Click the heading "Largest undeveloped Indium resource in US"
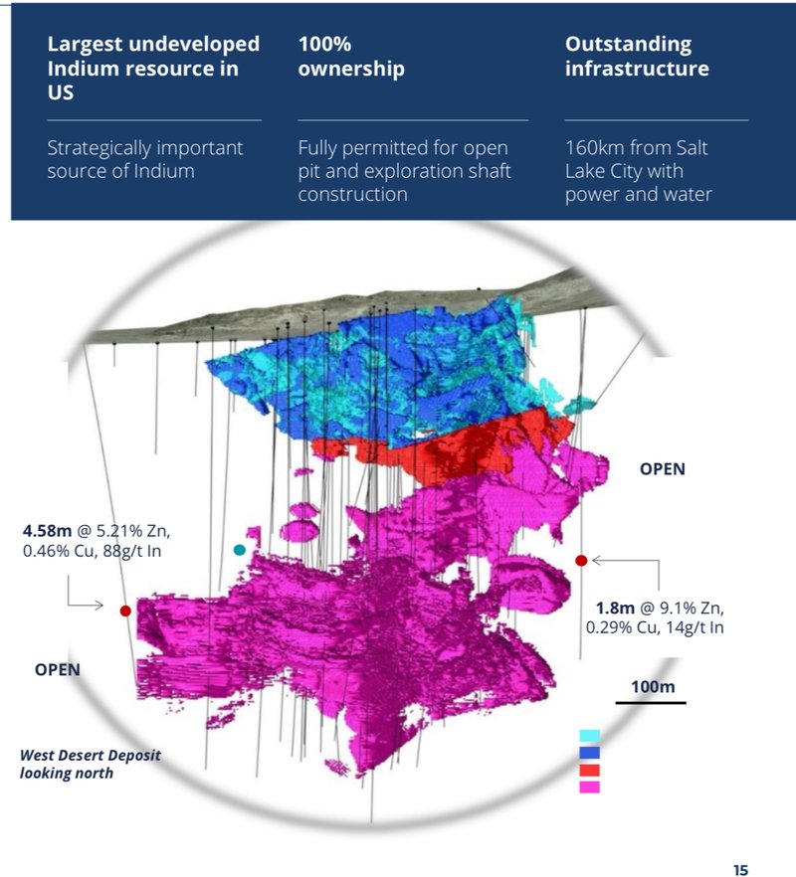coord(153,69)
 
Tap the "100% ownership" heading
coord(351,57)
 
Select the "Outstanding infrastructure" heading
coord(637,57)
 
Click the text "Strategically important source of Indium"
coord(145,159)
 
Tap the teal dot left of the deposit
coord(239,550)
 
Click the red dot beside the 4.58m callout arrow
coord(125,612)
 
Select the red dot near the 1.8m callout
coord(581,561)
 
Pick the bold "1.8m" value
coord(615,608)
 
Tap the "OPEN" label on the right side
coord(663,468)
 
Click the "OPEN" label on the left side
coord(58,669)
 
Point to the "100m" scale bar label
coord(653,687)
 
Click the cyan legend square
coord(589,736)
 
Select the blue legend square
coord(589,753)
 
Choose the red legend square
coord(589,770)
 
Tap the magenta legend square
coord(589,787)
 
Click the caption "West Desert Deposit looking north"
coord(90,764)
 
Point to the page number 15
coord(740,870)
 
